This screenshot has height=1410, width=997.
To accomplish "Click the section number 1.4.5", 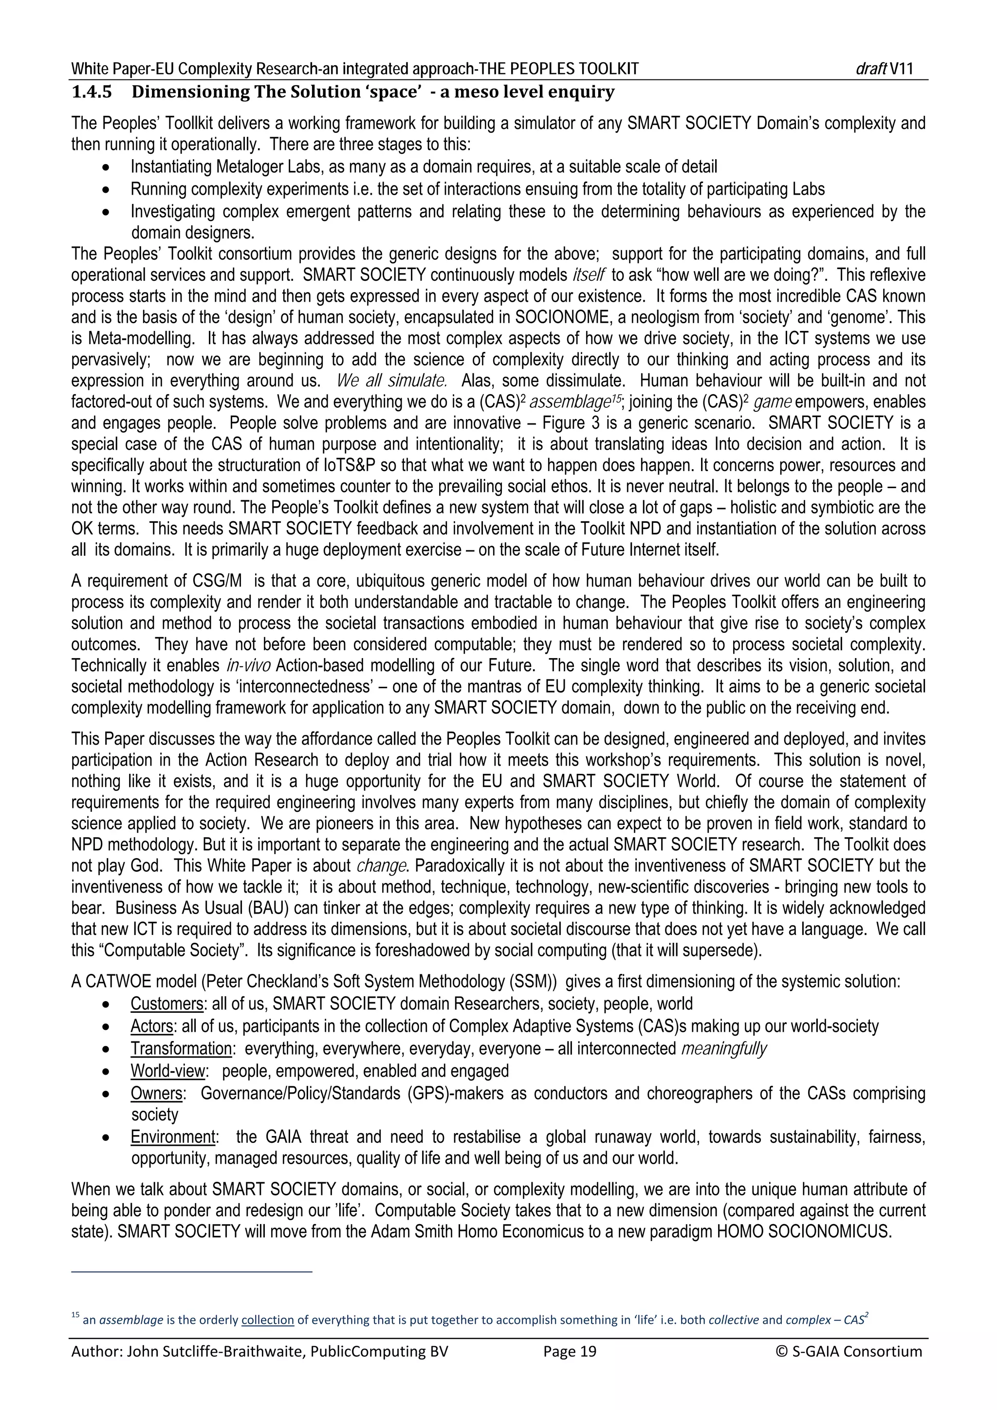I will click(x=92, y=93).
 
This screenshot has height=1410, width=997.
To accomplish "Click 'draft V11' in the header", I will click(x=884, y=69).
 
